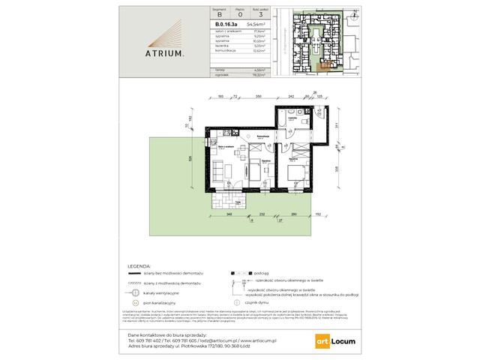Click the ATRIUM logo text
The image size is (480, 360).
pyautogui.click(x=162, y=54)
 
